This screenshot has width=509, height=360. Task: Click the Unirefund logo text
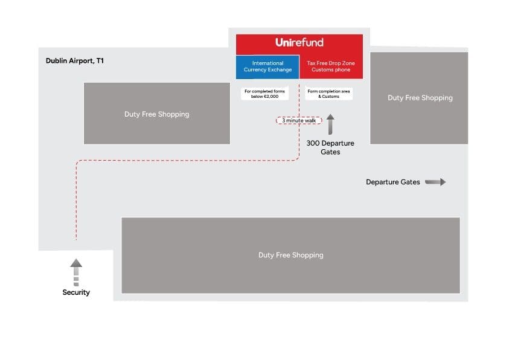pyautogui.click(x=299, y=42)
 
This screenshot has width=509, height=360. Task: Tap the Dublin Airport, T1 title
pyautogui.click(x=75, y=60)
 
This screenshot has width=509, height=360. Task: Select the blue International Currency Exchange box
pyautogui.click(x=267, y=67)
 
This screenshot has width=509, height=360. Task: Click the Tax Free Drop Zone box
pyautogui.click(x=331, y=67)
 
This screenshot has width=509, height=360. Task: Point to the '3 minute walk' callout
pyautogui.click(x=299, y=120)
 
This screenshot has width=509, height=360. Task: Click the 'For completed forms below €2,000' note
pyautogui.click(x=264, y=94)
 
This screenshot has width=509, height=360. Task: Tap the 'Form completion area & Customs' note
pyautogui.click(x=328, y=94)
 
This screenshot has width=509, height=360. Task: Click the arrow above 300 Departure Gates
pyautogui.click(x=330, y=124)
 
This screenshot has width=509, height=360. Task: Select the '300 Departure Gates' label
pyautogui.click(x=330, y=147)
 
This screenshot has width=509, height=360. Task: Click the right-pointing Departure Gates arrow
pyautogui.click(x=435, y=182)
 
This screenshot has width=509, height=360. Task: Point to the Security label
pyautogui.click(x=76, y=292)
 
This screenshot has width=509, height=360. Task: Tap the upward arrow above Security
pyautogui.click(x=76, y=272)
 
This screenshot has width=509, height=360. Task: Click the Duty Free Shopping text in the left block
pyautogui.click(x=156, y=114)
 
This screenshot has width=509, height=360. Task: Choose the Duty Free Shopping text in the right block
pyautogui.click(x=420, y=98)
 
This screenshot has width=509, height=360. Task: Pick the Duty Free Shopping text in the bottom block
pyautogui.click(x=290, y=255)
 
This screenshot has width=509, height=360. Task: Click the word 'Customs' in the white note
pyautogui.click(x=330, y=97)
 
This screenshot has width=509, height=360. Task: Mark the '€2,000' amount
pyautogui.click(x=271, y=97)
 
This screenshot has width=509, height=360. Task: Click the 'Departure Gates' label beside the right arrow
pyautogui.click(x=393, y=182)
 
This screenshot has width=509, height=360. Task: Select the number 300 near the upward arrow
pyautogui.click(x=313, y=143)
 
